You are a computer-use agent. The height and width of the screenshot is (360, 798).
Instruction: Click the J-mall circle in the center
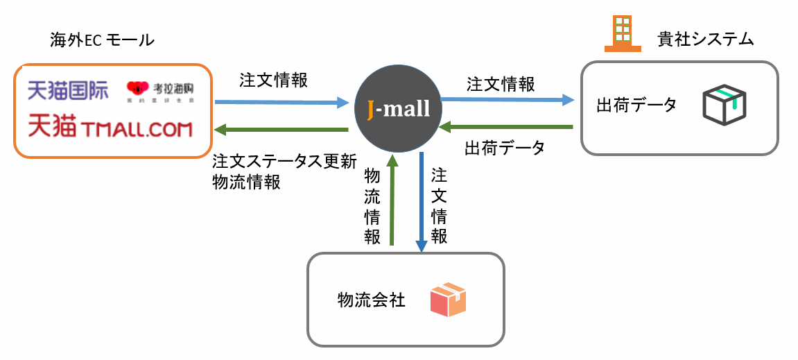coord(398,110)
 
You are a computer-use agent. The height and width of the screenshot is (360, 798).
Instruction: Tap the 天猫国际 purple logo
coord(68,89)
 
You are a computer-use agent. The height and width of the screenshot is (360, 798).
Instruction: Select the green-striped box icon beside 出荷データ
coord(724,105)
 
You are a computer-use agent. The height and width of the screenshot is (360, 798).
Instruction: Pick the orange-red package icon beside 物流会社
coord(448,299)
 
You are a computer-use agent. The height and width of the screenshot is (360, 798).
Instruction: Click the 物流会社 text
coord(371,300)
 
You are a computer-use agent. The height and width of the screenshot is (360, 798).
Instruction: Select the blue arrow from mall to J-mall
coord(281,103)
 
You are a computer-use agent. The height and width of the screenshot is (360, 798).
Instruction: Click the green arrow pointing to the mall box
coord(281,130)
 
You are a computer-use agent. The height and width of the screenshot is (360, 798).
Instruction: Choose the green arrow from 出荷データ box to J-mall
coord(509,127)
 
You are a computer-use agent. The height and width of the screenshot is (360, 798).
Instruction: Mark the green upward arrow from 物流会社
coord(392,200)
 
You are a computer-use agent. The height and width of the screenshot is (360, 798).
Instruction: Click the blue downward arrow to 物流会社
coord(421,202)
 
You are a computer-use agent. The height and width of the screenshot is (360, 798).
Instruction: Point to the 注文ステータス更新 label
coord(284,162)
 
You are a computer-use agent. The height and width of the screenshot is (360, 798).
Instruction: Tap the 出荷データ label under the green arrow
coord(504,148)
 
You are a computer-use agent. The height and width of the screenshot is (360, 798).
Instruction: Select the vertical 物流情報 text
coord(372,207)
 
